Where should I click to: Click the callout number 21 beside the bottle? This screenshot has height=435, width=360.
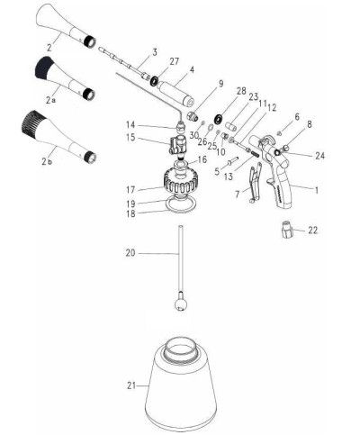click(132, 385)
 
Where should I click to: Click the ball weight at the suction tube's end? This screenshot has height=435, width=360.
click(182, 304)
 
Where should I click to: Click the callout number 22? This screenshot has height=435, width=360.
click(313, 231)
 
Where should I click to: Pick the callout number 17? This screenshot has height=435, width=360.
click(131, 189)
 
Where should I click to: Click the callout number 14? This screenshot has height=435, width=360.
click(131, 124)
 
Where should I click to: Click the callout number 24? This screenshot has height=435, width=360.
click(320, 154)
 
